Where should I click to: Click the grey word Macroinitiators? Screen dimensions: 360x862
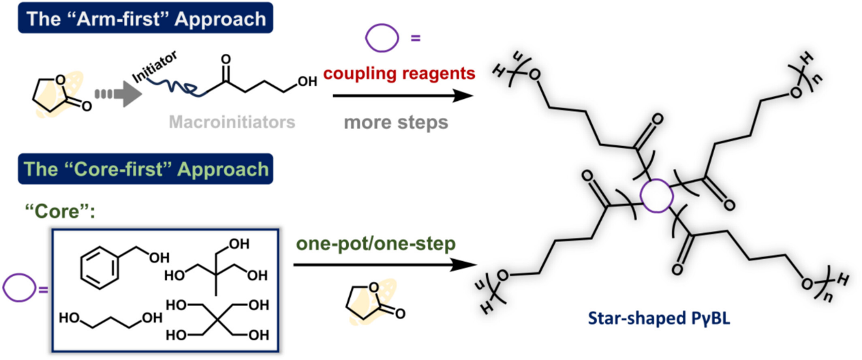pyautogui.click(x=231, y=122)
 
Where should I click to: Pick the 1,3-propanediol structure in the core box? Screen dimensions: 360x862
pyautogui.click(x=110, y=318)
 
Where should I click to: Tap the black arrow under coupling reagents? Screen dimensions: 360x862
pyautogui.click(x=401, y=96)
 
